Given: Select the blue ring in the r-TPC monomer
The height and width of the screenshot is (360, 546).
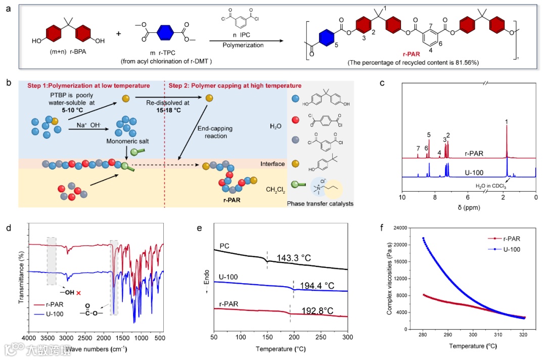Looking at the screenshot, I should click(162, 33).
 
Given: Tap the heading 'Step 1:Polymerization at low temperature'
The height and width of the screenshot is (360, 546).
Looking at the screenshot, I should click(89, 85).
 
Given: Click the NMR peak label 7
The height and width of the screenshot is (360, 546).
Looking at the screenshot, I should click(418, 149).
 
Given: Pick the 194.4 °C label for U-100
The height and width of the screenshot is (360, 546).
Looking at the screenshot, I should click(317, 286).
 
